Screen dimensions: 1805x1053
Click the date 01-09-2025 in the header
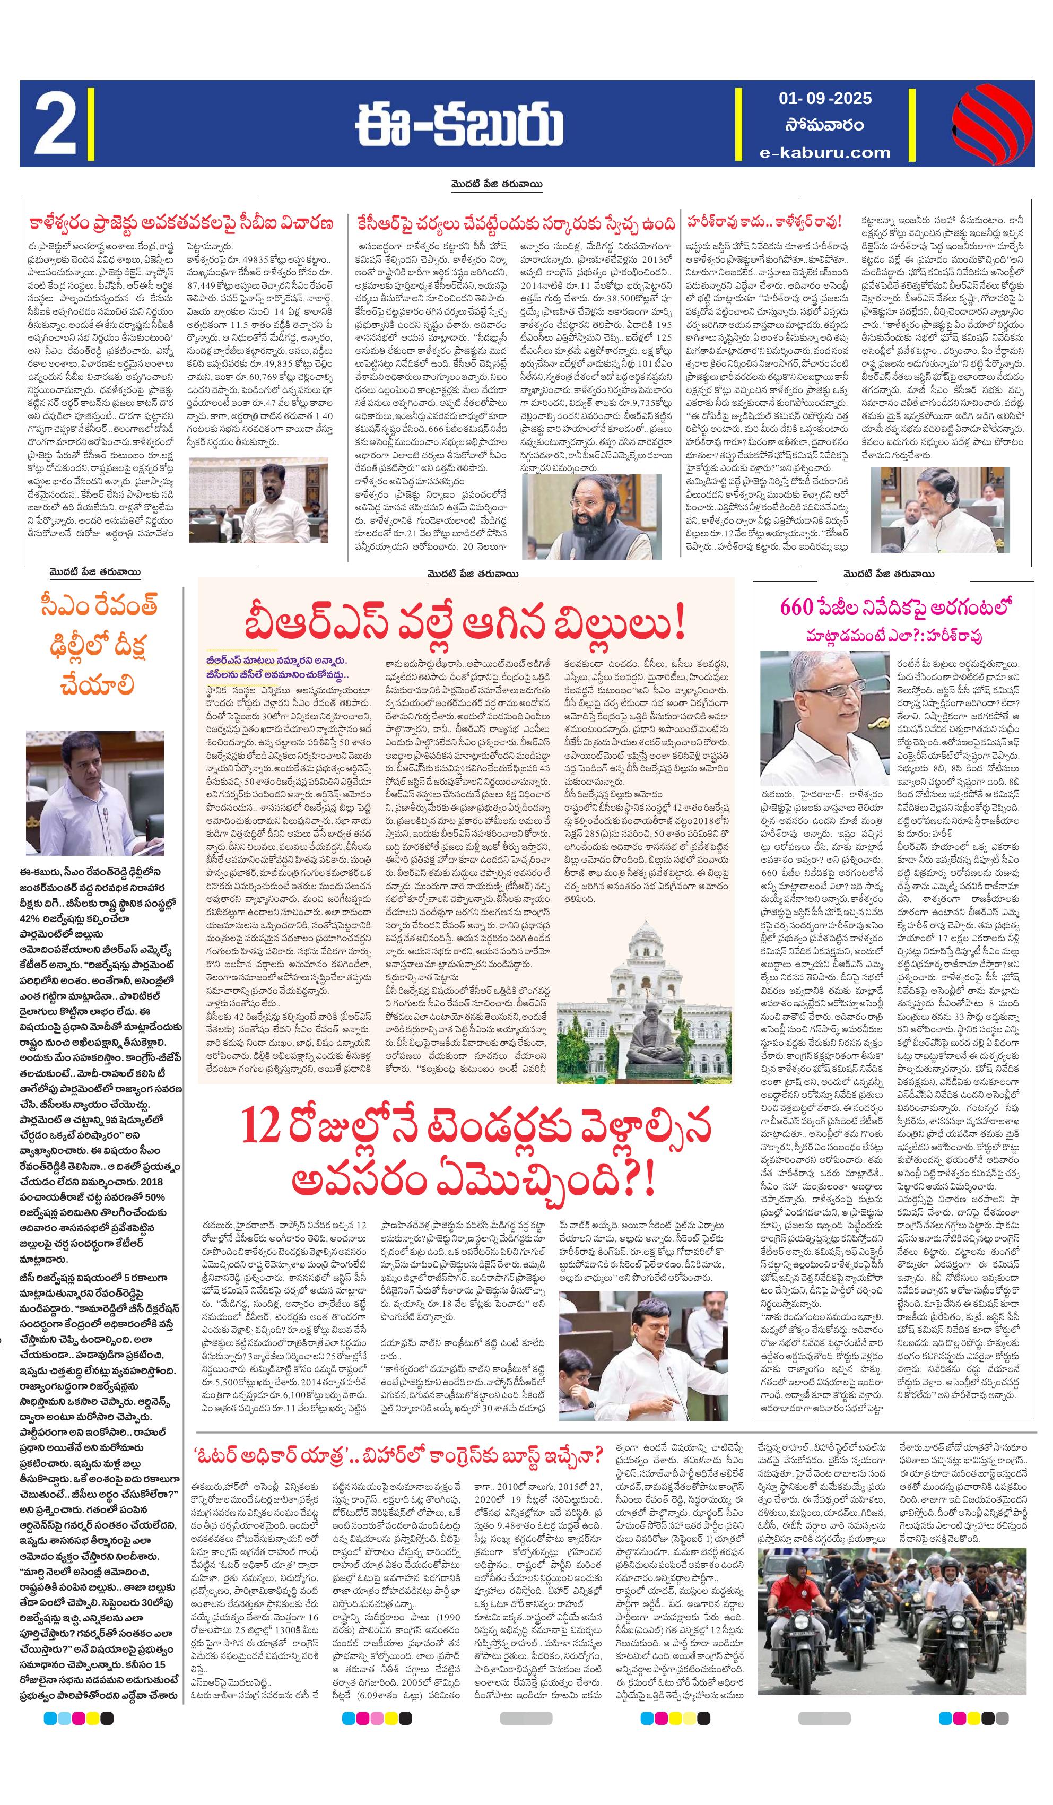(x=824, y=98)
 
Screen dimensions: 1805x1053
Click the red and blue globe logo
(x=991, y=124)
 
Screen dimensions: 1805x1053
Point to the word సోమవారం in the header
(x=824, y=125)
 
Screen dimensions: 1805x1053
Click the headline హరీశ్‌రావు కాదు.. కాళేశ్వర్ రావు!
(x=763, y=222)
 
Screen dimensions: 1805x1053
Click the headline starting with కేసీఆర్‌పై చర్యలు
(x=511, y=223)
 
